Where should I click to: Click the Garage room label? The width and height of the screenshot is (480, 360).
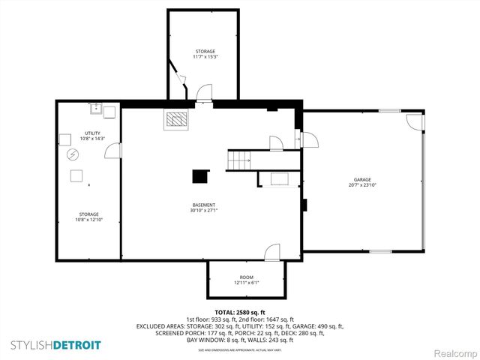[x=363, y=180]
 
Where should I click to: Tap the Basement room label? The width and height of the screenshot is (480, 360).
[x=203, y=205]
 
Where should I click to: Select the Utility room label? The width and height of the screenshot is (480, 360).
[x=87, y=133]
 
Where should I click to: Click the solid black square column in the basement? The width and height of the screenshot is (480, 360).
[x=199, y=176]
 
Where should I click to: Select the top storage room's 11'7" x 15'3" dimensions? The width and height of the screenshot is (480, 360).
[x=205, y=57]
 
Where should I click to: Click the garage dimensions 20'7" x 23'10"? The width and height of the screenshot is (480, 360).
[x=363, y=184]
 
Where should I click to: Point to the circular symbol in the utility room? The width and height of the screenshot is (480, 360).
[x=73, y=154]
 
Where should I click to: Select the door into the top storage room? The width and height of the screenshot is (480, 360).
[x=203, y=93]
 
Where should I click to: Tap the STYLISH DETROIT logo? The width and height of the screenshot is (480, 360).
[x=56, y=344]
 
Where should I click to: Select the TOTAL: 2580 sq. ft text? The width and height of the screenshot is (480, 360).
[x=240, y=312]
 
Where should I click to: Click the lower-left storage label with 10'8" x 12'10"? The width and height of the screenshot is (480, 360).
[x=87, y=217]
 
